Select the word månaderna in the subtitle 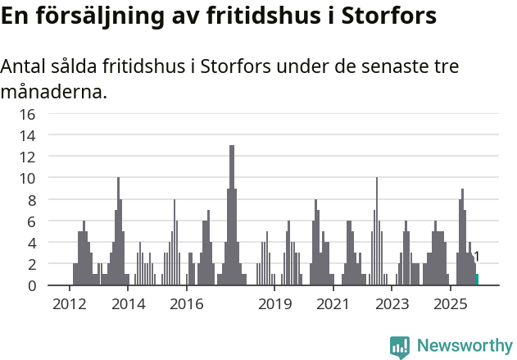[54, 92]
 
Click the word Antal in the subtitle [25, 66]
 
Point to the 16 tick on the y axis [27, 114]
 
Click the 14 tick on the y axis [27, 135]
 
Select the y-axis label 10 [27, 178]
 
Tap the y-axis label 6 [31, 221]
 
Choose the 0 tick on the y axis [31, 285]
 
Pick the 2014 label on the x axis [128, 305]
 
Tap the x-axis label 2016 [187, 305]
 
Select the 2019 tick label [274, 305]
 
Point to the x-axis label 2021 [333, 305]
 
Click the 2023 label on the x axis [392, 305]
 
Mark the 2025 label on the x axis [450, 305]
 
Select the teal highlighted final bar [478, 280]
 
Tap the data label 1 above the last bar [477, 257]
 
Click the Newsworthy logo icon [400, 347]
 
